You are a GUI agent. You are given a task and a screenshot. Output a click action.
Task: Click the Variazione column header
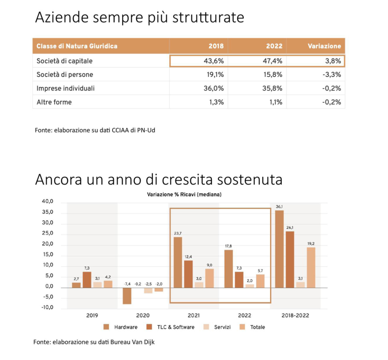click(324, 46)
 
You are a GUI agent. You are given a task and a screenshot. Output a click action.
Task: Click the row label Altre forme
click(54, 102)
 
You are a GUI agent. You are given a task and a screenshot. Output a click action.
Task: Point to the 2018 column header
click(216, 46)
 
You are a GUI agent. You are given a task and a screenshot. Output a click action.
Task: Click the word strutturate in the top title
click(208, 17)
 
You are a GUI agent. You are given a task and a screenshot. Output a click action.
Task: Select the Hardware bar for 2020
click(127, 296)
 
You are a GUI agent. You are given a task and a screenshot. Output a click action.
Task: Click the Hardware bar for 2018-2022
click(279, 249)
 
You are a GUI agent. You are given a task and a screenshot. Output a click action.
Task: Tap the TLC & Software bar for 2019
click(87, 280)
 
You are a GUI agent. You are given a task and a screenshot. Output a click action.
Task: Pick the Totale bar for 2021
click(210, 278)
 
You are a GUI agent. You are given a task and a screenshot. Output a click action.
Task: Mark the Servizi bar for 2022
click(249, 286)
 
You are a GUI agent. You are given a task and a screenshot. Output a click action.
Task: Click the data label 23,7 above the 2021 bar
click(178, 233)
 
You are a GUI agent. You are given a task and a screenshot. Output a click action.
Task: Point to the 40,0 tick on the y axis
click(47, 201)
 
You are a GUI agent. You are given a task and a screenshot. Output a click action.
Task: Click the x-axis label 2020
click(143, 315)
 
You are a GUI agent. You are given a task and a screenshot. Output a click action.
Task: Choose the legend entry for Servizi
click(217, 327)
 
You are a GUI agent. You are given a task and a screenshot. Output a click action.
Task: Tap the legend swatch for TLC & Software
click(149, 327)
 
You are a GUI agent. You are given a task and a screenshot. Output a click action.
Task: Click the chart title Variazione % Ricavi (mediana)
click(184, 195)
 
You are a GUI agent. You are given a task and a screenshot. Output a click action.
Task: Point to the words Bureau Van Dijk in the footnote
click(132, 342)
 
